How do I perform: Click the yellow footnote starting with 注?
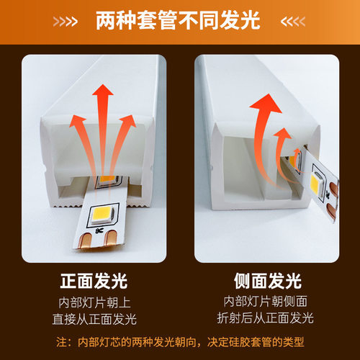180,341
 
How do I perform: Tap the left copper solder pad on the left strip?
86,240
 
